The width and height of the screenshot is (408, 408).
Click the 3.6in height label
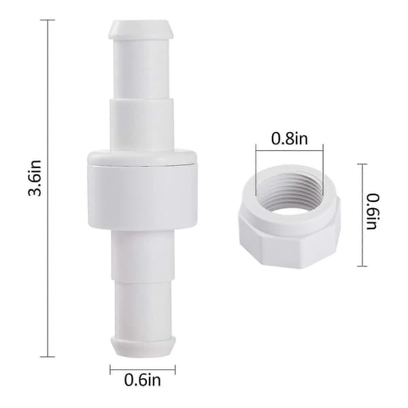tap(35, 177)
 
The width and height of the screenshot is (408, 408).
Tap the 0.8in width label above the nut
tap(290, 139)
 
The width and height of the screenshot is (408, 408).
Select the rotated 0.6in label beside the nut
tap(373, 211)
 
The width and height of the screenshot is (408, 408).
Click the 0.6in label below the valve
tap(142, 380)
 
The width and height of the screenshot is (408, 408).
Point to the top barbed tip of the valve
tap(141, 29)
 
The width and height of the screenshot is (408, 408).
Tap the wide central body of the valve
tap(143, 188)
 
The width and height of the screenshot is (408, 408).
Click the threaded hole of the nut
tap(290, 194)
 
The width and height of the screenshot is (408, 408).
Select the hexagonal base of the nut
tap(289, 243)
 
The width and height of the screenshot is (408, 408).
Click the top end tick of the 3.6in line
tap(48, 20)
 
